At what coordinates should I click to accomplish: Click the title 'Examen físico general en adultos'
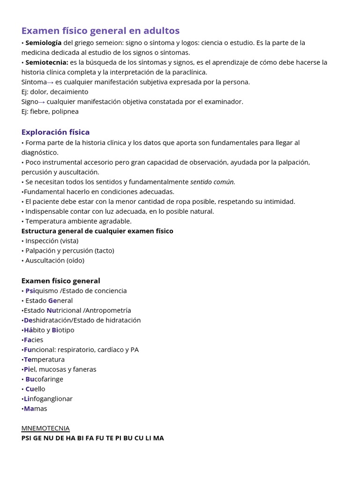(x=100, y=31)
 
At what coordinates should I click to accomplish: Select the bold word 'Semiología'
(x=43, y=43)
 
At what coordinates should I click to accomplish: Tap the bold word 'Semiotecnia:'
(x=47, y=62)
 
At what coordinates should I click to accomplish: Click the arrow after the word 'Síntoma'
(x=51, y=82)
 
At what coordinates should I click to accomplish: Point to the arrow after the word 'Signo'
(x=42, y=102)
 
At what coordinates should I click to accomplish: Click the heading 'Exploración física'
(x=55, y=132)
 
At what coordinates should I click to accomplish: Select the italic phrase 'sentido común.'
(x=212, y=182)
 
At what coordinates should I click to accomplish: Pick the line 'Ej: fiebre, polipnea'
(x=50, y=112)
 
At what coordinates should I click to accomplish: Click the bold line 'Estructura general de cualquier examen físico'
(x=97, y=231)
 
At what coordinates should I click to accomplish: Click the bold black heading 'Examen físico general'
(x=60, y=281)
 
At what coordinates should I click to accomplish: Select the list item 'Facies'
(x=33, y=340)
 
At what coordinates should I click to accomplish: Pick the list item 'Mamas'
(x=35, y=409)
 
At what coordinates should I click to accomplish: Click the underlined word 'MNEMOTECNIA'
(x=45, y=428)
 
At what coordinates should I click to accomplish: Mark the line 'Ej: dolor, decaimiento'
(x=54, y=92)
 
